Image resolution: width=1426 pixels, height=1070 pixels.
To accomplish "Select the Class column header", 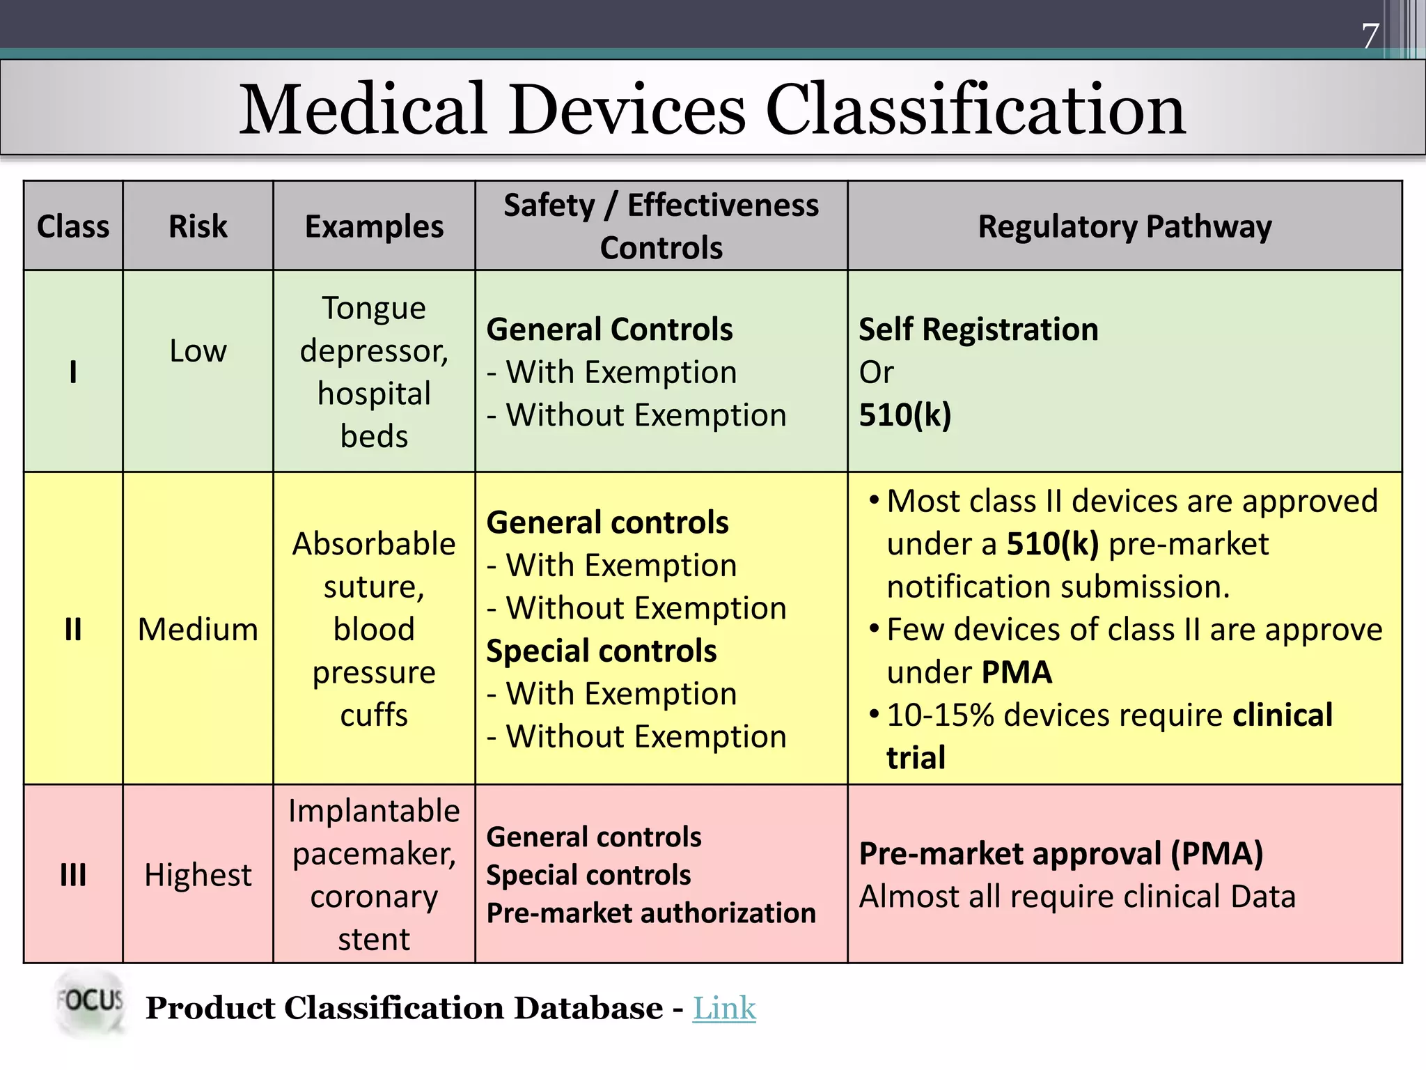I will [x=73, y=226].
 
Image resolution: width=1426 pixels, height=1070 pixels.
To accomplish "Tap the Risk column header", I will [x=198, y=226].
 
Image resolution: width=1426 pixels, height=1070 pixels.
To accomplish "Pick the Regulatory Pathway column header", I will [x=1125, y=226].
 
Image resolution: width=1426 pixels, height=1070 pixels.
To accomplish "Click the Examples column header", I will [x=374, y=226].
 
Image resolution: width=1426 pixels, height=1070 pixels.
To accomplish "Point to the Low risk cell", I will [x=198, y=350].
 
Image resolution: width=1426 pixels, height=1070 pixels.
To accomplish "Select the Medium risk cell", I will [x=198, y=629].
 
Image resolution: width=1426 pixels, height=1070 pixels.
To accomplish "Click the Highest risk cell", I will [x=198, y=875].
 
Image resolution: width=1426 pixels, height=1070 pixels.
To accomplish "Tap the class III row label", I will [x=73, y=875].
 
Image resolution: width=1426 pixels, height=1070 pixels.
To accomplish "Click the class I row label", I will [x=73, y=371].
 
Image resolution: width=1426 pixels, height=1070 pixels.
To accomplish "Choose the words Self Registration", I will [x=978, y=329].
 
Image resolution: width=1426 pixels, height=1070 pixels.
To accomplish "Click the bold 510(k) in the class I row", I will [x=904, y=415].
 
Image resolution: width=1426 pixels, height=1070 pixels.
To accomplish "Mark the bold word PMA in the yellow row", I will [x=1017, y=672].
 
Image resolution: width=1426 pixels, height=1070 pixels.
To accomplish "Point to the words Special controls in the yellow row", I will [x=601, y=651].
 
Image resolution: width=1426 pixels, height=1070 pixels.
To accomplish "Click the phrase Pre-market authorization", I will [x=650, y=913].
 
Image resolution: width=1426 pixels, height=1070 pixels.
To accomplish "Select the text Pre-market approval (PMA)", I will [x=1060, y=853].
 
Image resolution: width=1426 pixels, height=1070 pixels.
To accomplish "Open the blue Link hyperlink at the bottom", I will [x=724, y=1008].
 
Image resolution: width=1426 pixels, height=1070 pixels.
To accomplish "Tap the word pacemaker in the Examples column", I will [x=374, y=853].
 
